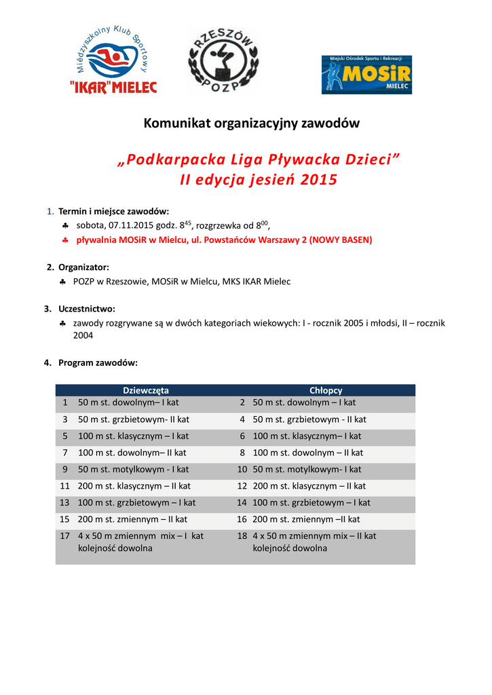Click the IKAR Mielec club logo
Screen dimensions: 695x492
pyautogui.click(x=114, y=63)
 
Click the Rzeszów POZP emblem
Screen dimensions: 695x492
pyautogui.click(x=223, y=63)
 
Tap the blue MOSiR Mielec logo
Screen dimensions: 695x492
pyautogui.click(x=366, y=75)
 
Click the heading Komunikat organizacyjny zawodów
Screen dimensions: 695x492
pyautogui.click(x=251, y=123)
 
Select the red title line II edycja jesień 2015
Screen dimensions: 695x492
pyautogui.click(x=258, y=180)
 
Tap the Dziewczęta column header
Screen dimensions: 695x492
pyautogui.click(x=145, y=390)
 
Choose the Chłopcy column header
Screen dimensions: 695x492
pyautogui.click(x=326, y=390)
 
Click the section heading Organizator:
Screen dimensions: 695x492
pyautogui.click(x=83, y=267)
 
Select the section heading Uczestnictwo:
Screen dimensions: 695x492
pyautogui.click(x=86, y=308)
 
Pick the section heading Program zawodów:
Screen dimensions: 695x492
pyautogui.click(x=98, y=362)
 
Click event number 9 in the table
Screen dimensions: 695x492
pyautogui.click(x=65, y=469)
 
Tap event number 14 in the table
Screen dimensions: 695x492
pyautogui.click(x=242, y=503)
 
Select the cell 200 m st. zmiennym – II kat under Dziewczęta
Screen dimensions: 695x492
pyautogui.click(x=132, y=519)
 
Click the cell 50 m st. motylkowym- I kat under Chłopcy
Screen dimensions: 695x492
pyautogui.click(x=307, y=469)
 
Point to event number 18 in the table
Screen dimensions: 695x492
pyautogui.click(x=242, y=536)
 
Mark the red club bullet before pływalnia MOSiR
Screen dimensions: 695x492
pyautogui.click(x=62, y=241)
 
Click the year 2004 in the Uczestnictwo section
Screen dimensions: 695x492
pyautogui.click(x=83, y=335)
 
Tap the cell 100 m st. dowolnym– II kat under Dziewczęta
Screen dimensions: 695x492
pyautogui.click(x=132, y=453)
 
